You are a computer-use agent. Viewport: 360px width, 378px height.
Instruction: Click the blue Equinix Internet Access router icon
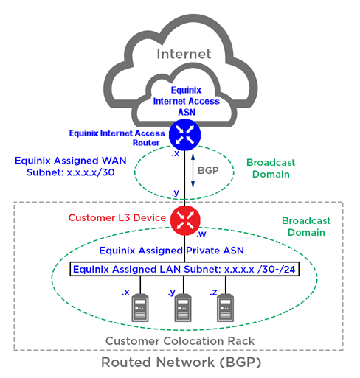point(184,135)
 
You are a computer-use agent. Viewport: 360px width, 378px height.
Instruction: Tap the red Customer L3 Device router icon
point(185,220)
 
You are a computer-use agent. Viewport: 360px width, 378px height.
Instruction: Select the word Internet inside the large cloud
point(184,54)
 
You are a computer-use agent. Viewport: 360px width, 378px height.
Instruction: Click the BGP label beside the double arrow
point(208,170)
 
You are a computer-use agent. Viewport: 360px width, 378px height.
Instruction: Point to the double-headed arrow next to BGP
point(193,171)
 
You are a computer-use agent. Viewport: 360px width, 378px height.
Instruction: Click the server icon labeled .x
point(140,308)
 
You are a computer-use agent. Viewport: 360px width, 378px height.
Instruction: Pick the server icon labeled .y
point(183,308)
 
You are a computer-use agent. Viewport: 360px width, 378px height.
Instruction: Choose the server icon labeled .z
point(226,308)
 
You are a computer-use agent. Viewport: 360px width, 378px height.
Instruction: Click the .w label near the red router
point(201,234)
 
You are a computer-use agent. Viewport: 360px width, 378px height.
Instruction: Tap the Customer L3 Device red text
point(117,217)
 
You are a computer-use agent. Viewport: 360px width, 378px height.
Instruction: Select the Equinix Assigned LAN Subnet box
point(184,269)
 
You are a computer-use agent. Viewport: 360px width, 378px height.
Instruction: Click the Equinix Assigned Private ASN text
point(172,251)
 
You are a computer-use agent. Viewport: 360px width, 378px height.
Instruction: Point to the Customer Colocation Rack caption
point(180,341)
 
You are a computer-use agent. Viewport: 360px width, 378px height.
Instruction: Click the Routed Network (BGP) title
point(181,363)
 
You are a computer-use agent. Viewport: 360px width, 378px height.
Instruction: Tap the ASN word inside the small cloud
point(187,112)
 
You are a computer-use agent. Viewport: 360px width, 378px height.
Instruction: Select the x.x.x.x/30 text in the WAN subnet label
point(91,172)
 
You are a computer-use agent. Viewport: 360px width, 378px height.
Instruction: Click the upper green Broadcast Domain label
point(271,168)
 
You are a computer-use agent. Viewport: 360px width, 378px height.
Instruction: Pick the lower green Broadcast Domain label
point(306,226)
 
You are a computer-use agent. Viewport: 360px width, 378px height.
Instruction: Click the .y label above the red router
point(176,193)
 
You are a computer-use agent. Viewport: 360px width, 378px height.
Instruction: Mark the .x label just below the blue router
point(176,154)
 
